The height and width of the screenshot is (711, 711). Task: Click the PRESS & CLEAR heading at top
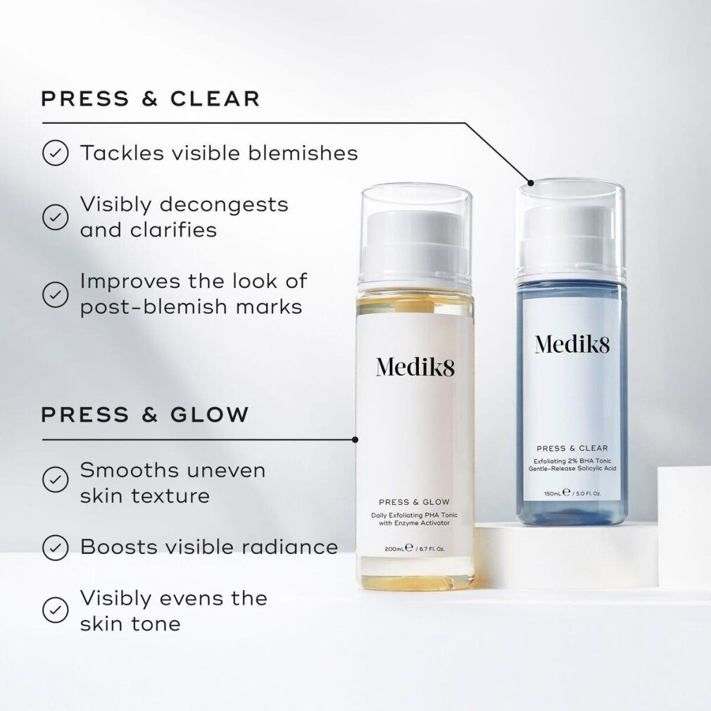click(151, 99)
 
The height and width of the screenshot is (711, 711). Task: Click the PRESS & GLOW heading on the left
click(145, 415)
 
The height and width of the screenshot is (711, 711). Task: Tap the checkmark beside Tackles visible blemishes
click(55, 153)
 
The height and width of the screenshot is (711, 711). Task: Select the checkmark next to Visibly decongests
click(55, 217)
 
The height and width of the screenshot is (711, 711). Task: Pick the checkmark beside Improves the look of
click(55, 294)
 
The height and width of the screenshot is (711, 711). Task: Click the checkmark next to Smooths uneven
click(55, 481)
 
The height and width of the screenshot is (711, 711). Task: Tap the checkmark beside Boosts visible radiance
click(55, 546)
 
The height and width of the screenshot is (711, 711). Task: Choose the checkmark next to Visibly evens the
click(55, 610)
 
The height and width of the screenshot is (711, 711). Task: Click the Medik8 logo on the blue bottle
click(572, 344)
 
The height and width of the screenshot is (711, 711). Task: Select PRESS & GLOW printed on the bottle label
click(413, 502)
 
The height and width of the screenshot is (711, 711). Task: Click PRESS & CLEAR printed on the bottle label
click(572, 448)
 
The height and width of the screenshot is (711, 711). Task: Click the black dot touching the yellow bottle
click(355, 439)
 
